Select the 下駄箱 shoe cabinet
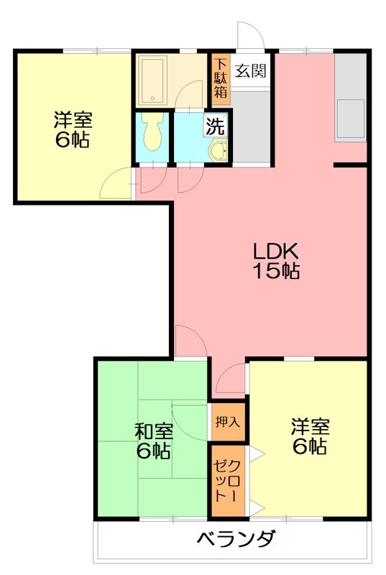(220, 78)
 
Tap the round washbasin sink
(216, 152)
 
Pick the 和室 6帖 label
(153, 441)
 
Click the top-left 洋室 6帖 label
(72, 130)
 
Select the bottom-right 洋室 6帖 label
(310, 436)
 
